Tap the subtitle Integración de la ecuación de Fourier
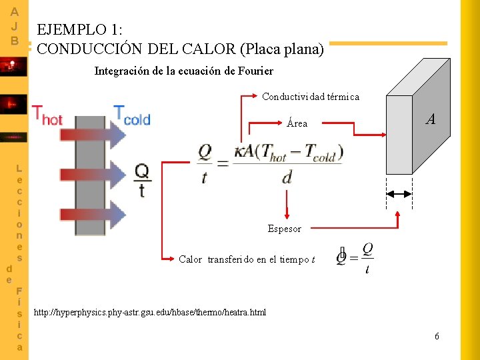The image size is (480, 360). (x=183, y=71)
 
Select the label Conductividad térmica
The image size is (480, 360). (x=311, y=97)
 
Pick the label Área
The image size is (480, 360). (x=297, y=123)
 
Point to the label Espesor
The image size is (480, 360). (x=285, y=229)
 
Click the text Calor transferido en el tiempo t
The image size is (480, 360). (x=247, y=259)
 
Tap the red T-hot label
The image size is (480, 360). (x=47, y=116)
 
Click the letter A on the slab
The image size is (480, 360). (x=431, y=119)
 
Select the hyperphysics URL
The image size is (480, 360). (x=150, y=312)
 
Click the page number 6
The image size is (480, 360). (x=437, y=336)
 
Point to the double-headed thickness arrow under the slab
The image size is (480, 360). (x=400, y=193)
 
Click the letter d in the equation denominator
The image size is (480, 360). (x=287, y=177)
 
